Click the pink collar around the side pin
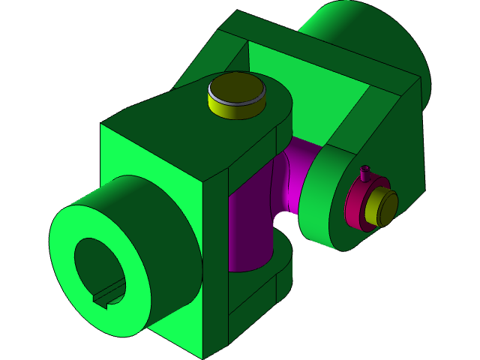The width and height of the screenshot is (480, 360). coord(355,210)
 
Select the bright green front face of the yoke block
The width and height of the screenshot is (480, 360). coord(150,172)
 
